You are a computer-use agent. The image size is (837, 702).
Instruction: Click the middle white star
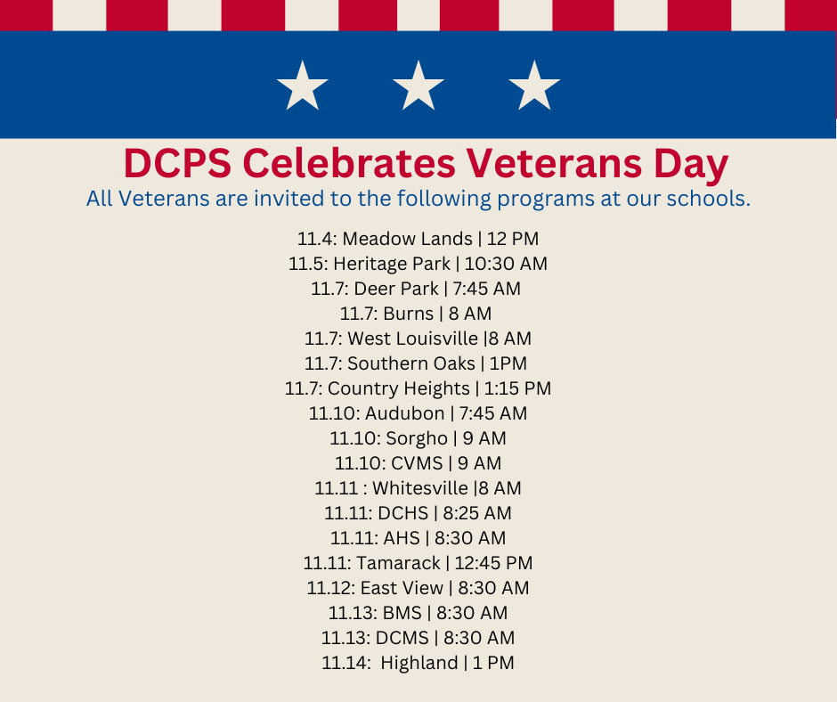click(x=418, y=86)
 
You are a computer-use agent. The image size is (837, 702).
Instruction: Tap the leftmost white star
click(x=303, y=86)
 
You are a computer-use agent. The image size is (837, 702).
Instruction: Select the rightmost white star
click(x=534, y=86)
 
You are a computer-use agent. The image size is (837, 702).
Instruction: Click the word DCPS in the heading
click(x=175, y=164)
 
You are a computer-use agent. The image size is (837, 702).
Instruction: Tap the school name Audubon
click(x=404, y=413)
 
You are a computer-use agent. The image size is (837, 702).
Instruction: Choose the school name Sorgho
click(x=417, y=438)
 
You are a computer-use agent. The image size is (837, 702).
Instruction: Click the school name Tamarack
click(x=398, y=563)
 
